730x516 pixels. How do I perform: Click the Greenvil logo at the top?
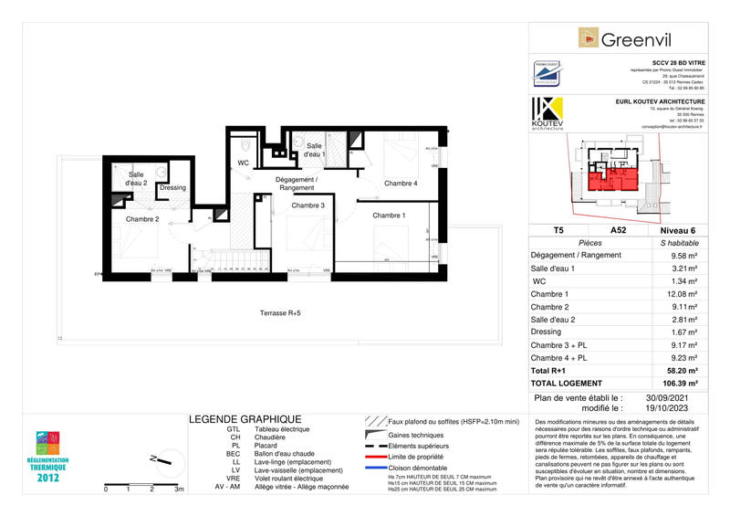pyautogui.click(x=629, y=38)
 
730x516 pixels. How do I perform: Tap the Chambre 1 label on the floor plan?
pyautogui.click(x=389, y=216)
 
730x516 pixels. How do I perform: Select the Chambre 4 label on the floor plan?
pyautogui.click(x=401, y=184)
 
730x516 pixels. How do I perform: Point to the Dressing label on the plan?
pyautogui.click(x=172, y=188)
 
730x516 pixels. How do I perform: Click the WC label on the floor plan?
pyautogui.click(x=244, y=163)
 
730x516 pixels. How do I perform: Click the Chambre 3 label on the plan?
pyautogui.click(x=308, y=205)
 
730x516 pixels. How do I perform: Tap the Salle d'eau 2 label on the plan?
pyautogui.click(x=137, y=179)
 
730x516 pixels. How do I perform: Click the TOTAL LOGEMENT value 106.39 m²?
pyautogui.click(x=680, y=384)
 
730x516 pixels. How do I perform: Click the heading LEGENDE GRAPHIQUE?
pyautogui.click(x=245, y=418)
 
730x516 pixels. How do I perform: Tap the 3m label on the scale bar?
pyautogui.click(x=180, y=490)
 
